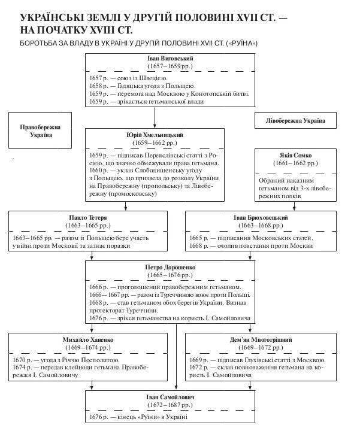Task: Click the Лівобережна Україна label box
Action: [295, 120]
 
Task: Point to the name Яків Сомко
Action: [295, 155]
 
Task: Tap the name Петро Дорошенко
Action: [170, 267]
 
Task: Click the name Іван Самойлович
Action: [170, 397]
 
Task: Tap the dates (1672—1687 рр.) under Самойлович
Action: [170, 405]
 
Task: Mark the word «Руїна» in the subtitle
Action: [243, 43]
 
